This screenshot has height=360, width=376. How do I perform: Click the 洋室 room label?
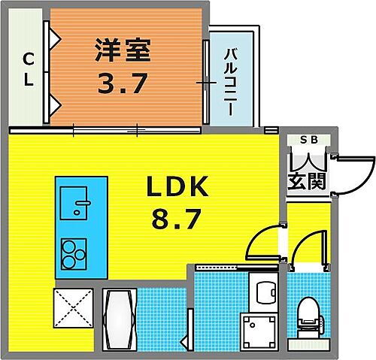click(x=123, y=51)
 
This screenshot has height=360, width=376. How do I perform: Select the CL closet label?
click(x=28, y=68)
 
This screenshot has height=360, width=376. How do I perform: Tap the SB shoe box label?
click(x=308, y=140)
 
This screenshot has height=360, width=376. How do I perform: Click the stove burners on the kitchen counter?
click(x=72, y=254)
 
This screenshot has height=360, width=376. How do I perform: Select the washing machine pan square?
click(x=256, y=328)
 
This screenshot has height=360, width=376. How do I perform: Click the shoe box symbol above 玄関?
click(x=308, y=159)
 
